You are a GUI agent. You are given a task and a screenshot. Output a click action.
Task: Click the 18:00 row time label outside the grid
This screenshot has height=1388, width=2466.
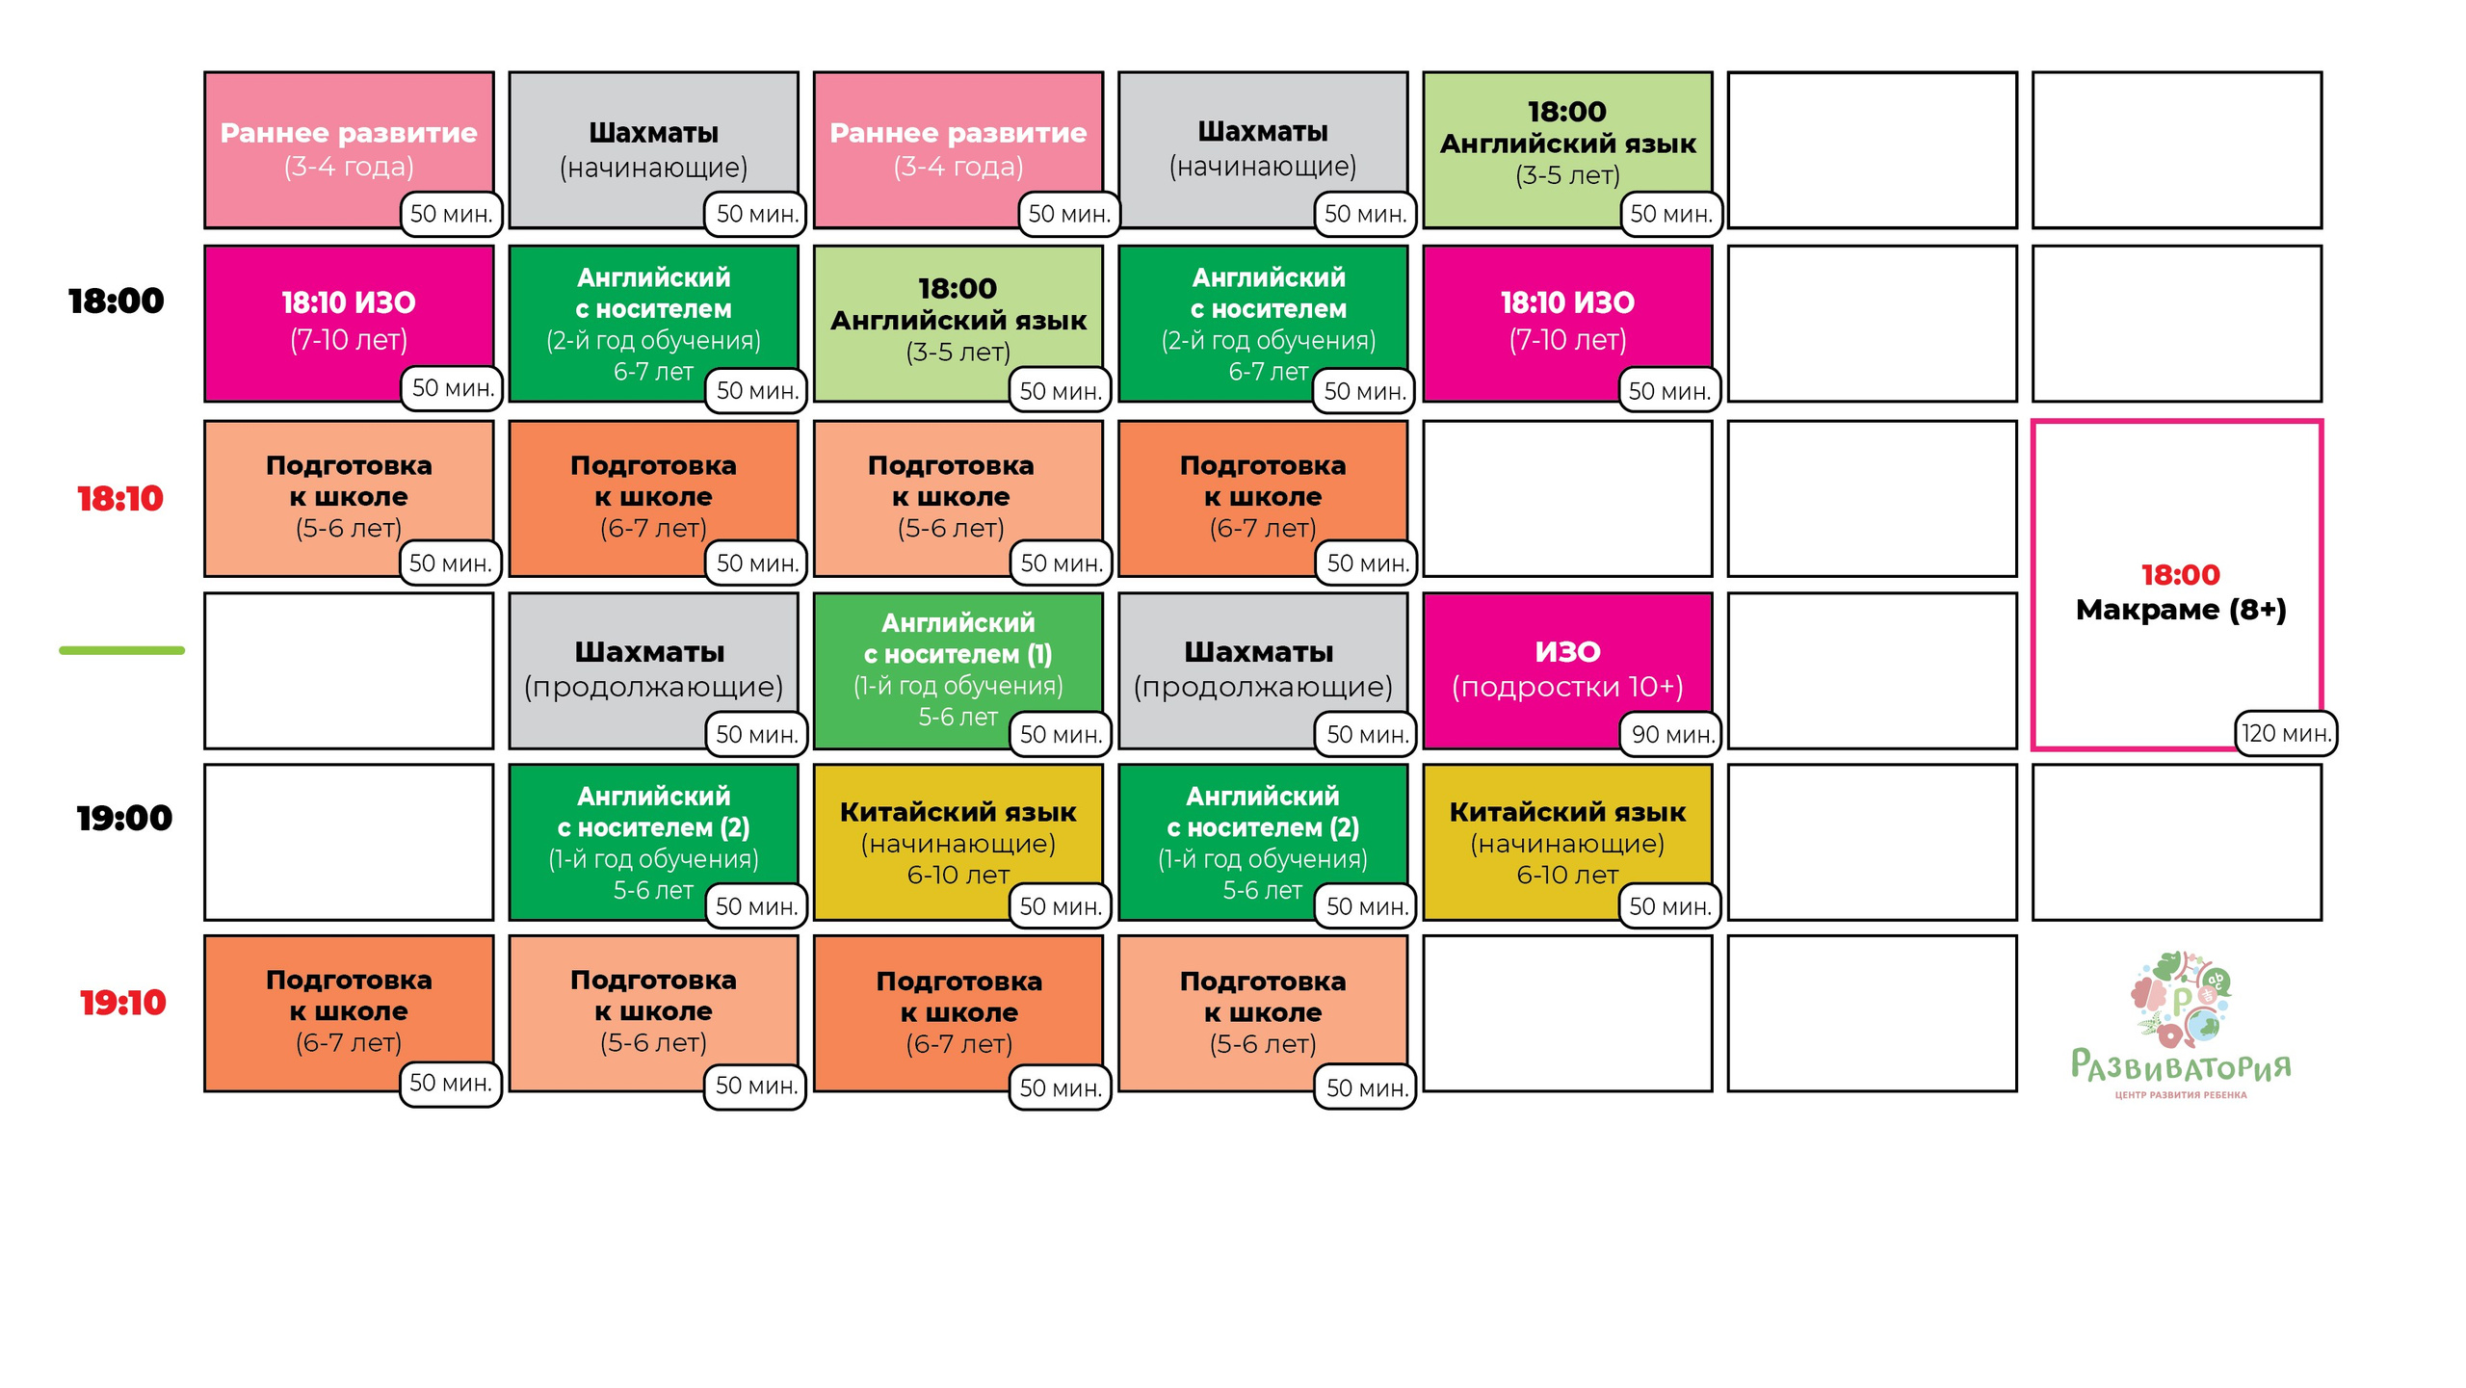click(x=117, y=301)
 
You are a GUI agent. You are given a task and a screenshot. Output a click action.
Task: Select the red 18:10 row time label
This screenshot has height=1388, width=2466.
click(x=120, y=499)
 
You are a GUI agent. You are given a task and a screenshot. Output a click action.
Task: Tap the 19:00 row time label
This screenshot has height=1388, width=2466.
click(x=124, y=819)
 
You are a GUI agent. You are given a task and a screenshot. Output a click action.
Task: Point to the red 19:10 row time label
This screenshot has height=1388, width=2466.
click(x=122, y=1003)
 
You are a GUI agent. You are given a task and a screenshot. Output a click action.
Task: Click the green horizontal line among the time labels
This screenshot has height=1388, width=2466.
click(x=121, y=651)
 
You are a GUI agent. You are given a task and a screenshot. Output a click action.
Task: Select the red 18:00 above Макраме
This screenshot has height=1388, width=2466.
click(x=2181, y=575)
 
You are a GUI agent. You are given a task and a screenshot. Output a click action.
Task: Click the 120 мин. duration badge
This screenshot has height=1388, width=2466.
click(x=2286, y=734)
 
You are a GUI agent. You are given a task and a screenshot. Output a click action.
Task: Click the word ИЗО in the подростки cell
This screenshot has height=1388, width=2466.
click(x=1568, y=652)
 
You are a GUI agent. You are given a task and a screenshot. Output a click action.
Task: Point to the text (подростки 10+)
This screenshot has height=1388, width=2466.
click(x=1568, y=687)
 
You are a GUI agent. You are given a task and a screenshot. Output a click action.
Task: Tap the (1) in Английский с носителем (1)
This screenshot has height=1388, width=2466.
click(x=1040, y=654)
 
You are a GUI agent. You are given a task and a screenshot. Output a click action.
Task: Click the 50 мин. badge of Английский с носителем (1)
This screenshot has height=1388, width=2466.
click(x=1061, y=735)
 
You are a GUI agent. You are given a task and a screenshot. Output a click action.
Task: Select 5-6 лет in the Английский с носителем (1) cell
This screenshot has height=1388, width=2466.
click(x=958, y=718)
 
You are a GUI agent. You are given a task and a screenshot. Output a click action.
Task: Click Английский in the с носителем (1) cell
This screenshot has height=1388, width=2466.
click(x=958, y=623)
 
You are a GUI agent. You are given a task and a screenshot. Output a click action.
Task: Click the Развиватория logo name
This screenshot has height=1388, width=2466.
click(x=2181, y=1066)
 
